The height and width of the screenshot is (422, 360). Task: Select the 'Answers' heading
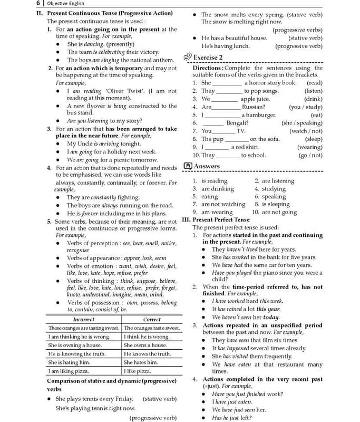point(207,166)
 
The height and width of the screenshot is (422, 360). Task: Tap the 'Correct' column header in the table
point(152,319)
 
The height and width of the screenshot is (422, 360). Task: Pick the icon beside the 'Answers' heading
point(187,166)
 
